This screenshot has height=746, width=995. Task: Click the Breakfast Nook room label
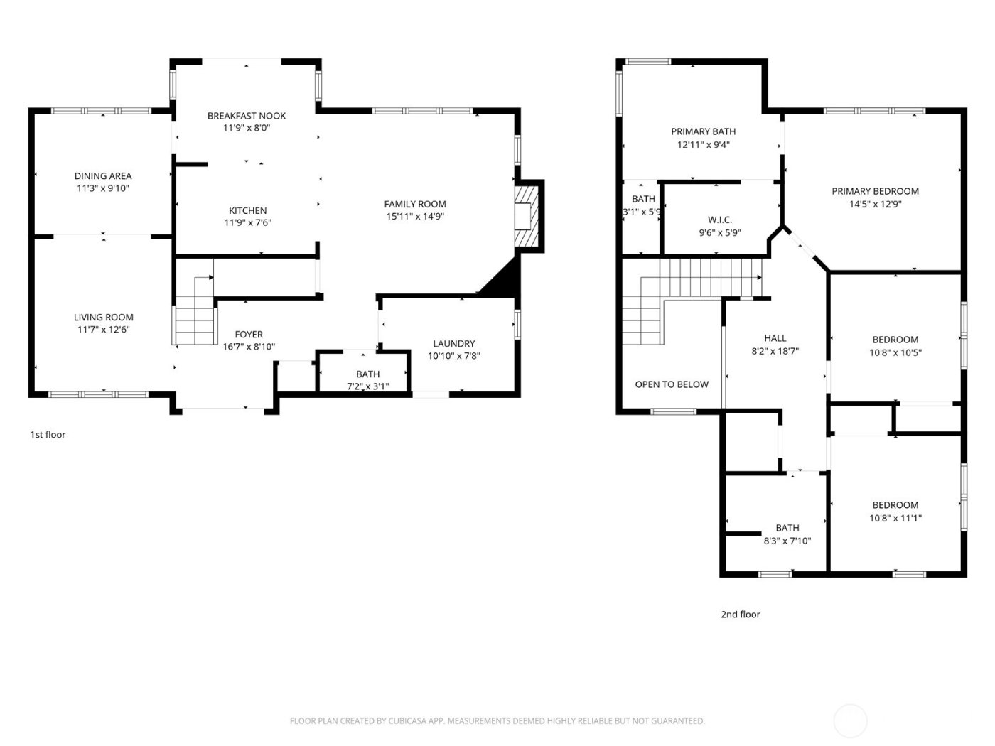point(247,116)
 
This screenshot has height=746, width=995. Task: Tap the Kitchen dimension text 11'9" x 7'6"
point(248,223)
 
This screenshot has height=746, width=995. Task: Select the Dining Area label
point(103,176)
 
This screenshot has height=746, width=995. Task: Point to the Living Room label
point(104,318)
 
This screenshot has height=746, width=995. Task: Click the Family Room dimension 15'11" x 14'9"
point(415,217)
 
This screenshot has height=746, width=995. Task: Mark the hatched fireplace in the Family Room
point(527,217)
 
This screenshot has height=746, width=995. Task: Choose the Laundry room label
point(453,344)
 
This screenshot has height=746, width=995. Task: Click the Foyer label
point(249,335)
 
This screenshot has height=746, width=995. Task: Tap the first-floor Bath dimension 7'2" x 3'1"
point(367,386)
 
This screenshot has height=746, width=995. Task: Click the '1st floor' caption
point(48,435)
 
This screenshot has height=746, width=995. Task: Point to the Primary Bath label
point(704,131)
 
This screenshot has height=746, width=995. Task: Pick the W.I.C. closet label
point(720,220)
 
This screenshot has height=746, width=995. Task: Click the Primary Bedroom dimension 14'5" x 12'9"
point(876,204)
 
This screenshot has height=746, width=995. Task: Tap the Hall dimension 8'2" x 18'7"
point(775,351)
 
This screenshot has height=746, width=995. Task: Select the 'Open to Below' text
point(672,384)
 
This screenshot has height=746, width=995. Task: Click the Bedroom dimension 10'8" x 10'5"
point(895,352)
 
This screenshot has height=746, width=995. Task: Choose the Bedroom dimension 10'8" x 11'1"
point(895,518)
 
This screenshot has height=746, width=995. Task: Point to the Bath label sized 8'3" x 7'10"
point(787,528)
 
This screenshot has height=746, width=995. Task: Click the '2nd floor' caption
point(741,615)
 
